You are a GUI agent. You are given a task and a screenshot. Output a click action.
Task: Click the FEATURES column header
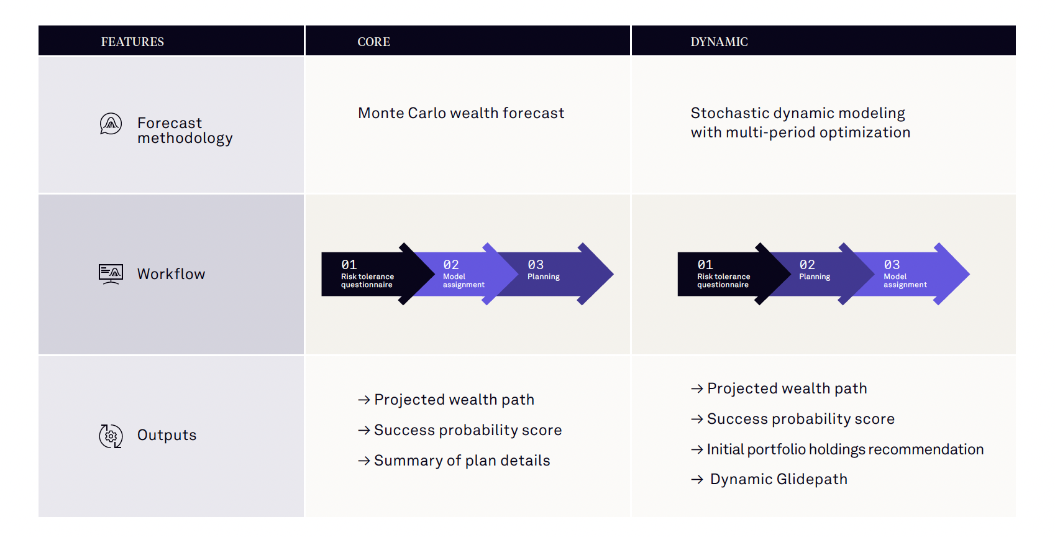pyautogui.click(x=132, y=42)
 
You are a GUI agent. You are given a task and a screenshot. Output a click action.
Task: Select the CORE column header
pyautogui.click(x=373, y=42)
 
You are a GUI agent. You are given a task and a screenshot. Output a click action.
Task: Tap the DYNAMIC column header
pyautogui.click(x=719, y=42)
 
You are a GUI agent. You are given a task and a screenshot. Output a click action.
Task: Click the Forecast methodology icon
pyautogui.click(x=111, y=124)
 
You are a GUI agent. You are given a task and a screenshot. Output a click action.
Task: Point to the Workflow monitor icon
pyautogui.click(x=111, y=273)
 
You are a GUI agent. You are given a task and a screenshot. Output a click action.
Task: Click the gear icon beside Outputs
pyautogui.click(x=111, y=436)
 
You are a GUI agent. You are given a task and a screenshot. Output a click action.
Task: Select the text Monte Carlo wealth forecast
pyautogui.click(x=461, y=113)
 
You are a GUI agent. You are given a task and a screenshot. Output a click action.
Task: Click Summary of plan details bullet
pyautogui.click(x=454, y=460)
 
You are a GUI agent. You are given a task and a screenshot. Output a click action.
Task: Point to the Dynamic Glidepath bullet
pyautogui.click(x=769, y=479)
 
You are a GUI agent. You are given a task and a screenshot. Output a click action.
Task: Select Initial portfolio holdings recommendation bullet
pyautogui.click(x=837, y=449)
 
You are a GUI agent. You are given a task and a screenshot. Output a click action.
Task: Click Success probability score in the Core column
pyautogui.click(x=460, y=430)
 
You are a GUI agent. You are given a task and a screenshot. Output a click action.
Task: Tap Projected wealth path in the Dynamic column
pyautogui.click(x=779, y=388)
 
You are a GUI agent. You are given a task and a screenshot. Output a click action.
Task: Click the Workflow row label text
pyautogui.click(x=171, y=273)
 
